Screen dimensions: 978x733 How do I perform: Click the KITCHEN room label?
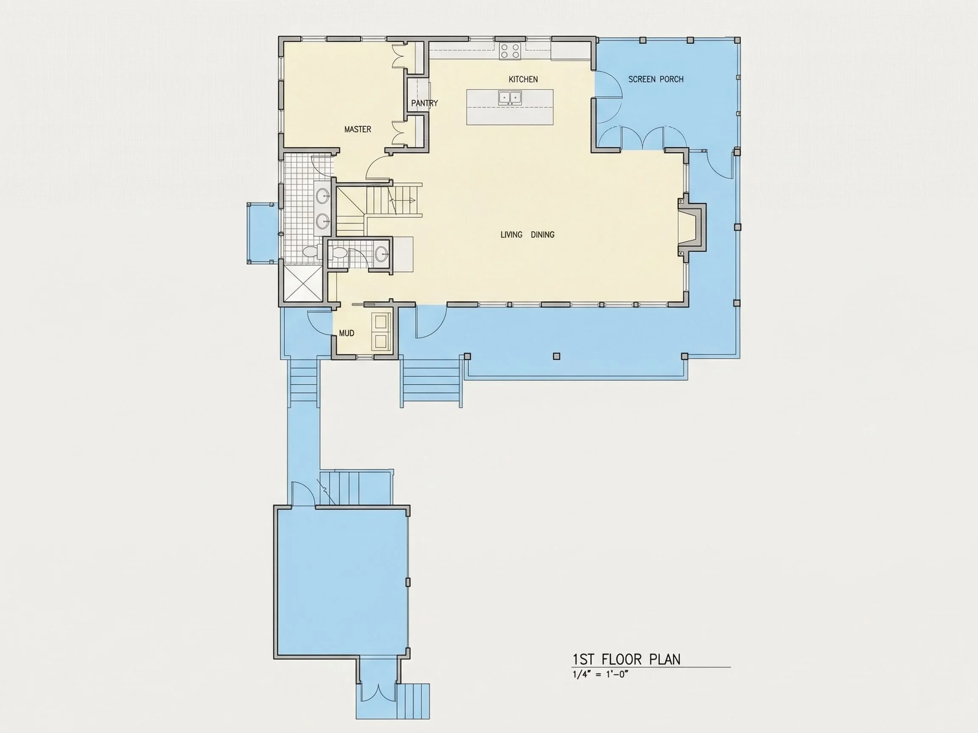pos(523,79)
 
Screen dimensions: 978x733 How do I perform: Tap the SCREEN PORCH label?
pos(656,79)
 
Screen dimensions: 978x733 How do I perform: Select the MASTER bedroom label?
pos(358,129)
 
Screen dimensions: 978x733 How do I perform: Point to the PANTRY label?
pos(424,103)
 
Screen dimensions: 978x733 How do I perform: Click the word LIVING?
pos(511,235)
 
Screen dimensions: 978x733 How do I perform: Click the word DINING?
pos(542,235)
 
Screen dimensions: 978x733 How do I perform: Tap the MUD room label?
pos(347,333)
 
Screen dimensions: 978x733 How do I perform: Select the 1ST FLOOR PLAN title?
pos(627,660)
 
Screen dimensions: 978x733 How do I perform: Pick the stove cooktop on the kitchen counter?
pos(510,51)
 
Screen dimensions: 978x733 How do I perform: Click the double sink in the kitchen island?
pos(510,97)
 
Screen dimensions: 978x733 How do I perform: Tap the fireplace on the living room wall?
pos(692,227)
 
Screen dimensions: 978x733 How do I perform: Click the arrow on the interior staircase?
pos(402,201)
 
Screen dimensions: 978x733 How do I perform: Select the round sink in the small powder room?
pos(382,254)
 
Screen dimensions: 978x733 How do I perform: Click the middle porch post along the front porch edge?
pos(556,357)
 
